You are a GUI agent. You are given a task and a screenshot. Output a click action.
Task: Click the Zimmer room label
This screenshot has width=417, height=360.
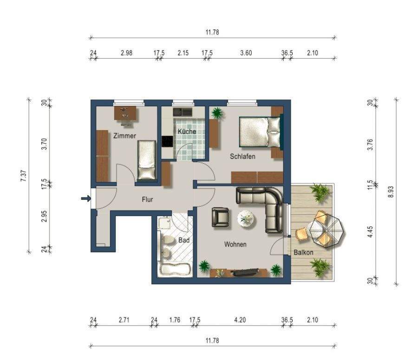coord(124,136)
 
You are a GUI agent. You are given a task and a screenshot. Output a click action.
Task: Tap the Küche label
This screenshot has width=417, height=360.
coord(187,131)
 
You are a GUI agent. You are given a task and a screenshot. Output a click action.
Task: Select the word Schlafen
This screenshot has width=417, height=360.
coord(242,157)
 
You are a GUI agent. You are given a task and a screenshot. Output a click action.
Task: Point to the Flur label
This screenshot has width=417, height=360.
coord(147,199)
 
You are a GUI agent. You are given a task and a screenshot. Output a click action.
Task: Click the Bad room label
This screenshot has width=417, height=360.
coord(184,240)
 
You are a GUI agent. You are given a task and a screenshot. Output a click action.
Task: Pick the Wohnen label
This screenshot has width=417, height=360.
coord(235,244)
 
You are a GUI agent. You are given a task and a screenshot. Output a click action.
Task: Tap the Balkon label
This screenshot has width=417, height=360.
coord(303,252)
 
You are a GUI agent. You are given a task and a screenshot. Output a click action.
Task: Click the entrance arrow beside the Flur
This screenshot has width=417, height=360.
coord(86,198)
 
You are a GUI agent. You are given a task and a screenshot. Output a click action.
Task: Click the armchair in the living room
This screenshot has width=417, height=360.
coord(220,217)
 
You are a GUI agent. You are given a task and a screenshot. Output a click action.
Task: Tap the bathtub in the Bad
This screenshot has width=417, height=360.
coord(175,270)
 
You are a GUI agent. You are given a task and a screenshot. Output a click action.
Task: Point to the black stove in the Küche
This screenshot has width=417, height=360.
coord(168,142)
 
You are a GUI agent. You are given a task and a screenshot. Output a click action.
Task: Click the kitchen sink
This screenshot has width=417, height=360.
coord(182,112)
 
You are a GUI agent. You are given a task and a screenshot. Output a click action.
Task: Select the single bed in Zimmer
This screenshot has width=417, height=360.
coord(147,160)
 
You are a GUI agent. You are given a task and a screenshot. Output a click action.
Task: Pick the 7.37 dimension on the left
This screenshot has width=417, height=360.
coord(24,176)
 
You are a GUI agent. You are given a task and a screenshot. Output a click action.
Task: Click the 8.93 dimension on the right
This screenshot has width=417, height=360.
coord(391,191)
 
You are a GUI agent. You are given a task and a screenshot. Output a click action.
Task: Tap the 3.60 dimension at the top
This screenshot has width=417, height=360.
coord(246,52)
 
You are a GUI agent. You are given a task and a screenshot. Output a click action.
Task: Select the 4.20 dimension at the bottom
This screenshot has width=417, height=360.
coord(240,320)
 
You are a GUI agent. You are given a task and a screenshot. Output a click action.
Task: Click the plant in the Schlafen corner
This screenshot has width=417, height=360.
coord(217,113)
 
